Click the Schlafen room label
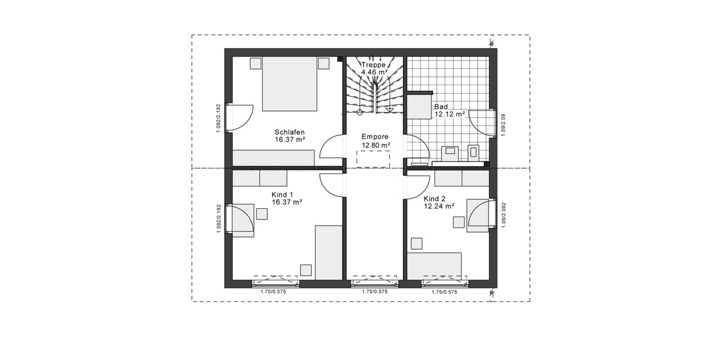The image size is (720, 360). click(x=290, y=132)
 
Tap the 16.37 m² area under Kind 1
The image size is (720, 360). click(x=287, y=203)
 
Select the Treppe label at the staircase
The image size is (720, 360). click(x=373, y=64)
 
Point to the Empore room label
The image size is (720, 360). click(x=376, y=136)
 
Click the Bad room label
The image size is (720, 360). click(x=441, y=106)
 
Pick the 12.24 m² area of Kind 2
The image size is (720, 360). click(x=439, y=206)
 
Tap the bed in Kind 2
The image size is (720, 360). click(x=434, y=265)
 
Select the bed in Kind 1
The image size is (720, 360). click(x=328, y=252)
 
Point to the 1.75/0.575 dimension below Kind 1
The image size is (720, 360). click(x=273, y=292)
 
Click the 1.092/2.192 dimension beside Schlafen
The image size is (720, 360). click(x=220, y=118)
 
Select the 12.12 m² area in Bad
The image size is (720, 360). click(x=449, y=114)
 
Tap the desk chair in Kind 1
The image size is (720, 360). click(x=262, y=214)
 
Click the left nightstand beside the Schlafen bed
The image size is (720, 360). click(x=256, y=64)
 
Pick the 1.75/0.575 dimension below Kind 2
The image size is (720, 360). click(x=445, y=292)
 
